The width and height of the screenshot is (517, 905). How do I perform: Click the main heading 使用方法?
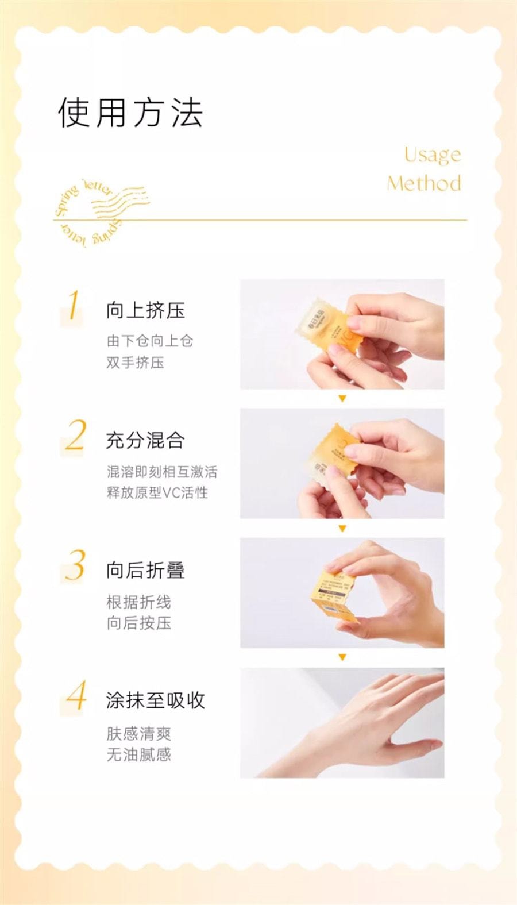click(130, 112)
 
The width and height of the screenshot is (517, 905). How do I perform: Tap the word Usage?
click(432, 155)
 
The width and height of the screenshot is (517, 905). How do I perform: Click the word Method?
click(424, 183)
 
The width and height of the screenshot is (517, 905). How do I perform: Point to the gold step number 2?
click(75, 436)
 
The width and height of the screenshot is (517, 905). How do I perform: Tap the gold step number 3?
click(75, 566)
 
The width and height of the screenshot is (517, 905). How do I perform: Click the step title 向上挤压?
click(145, 310)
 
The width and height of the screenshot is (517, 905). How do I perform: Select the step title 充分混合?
click(145, 440)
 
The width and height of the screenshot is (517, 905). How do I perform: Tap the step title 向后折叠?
click(145, 570)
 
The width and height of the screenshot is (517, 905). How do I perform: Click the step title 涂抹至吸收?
click(155, 700)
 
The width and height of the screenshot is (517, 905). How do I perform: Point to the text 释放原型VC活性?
click(157, 493)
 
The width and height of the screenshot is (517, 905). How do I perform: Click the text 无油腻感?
click(138, 754)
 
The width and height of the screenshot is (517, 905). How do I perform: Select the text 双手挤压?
click(135, 363)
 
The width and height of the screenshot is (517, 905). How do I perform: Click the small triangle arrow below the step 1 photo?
click(342, 398)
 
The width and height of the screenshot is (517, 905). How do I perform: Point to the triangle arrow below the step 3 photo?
click(342, 657)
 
